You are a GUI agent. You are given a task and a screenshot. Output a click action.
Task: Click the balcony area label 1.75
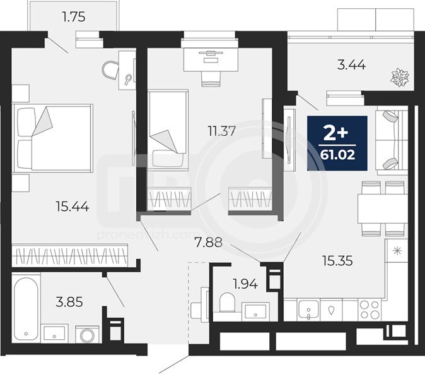pyautogui.click(x=74, y=17)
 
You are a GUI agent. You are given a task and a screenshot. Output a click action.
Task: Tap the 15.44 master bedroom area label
pyautogui.click(x=73, y=207)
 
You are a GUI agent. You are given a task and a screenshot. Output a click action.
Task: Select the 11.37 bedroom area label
pyautogui.click(x=222, y=131)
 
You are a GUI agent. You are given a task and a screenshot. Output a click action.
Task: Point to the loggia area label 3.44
pyautogui.click(x=352, y=65)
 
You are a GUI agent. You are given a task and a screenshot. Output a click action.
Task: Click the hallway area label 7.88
pyautogui.click(x=209, y=242)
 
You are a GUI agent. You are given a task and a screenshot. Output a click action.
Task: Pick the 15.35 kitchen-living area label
pyautogui.click(x=338, y=261)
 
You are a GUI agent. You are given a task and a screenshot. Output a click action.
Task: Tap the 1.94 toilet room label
pyautogui.click(x=245, y=284)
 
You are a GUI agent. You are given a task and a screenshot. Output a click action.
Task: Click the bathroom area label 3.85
pyautogui.click(x=69, y=302)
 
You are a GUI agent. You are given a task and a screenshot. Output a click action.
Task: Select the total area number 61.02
pyautogui.click(x=337, y=155)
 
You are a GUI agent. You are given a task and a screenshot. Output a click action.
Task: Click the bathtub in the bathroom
pyautogui.click(x=26, y=309)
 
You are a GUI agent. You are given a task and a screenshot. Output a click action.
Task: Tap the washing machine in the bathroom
pyautogui.click(x=87, y=335)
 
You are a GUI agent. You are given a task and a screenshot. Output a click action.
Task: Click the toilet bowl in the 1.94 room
pyautogui.click(x=226, y=302)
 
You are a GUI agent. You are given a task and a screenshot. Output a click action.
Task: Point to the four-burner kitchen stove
pyautogui.click(x=370, y=310)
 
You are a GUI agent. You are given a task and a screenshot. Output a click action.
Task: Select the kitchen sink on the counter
pyautogui.click(x=308, y=310)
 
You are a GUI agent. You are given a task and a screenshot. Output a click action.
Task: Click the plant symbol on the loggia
pyautogui.click(x=399, y=77)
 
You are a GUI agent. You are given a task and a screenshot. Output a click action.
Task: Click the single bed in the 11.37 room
pyautogui.click(x=168, y=129)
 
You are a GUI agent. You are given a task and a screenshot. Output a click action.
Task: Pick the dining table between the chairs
pyautogui.click(x=383, y=208)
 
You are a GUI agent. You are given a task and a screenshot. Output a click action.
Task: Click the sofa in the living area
pyautogui.click(x=392, y=140)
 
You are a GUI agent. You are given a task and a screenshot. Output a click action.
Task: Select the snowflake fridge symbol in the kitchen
pyautogui.click(x=396, y=251)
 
